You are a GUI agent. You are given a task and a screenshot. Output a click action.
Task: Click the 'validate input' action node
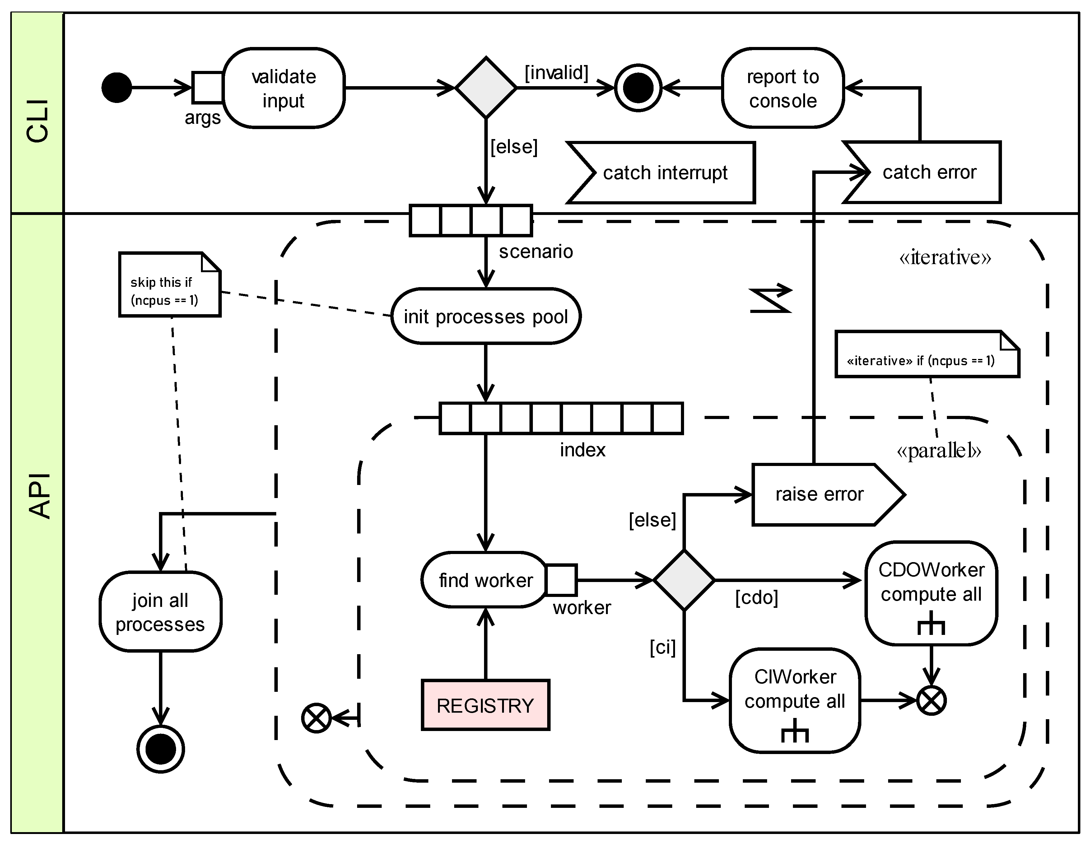[x=283, y=88]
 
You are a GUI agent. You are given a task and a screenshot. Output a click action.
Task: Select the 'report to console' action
[x=783, y=88]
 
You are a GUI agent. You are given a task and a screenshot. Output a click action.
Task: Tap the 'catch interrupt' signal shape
[x=664, y=173]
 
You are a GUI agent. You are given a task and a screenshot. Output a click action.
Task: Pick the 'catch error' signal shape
[x=928, y=172]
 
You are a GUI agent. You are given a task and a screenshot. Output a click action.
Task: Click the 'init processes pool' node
[x=486, y=316]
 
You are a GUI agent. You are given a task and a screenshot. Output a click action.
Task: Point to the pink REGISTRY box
[x=485, y=705]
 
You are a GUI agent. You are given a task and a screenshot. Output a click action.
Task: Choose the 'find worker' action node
[x=485, y=580]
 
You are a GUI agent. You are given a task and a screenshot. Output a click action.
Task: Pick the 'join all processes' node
[x=160, y=612]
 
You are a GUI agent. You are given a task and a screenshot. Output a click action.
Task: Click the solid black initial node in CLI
[x=116, y=88]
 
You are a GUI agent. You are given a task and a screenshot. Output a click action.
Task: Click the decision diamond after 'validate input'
[x=486, y=88]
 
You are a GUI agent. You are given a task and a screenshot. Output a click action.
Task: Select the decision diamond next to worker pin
[x=684, y=580]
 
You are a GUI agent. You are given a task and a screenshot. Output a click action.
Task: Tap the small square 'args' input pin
[x=207, y=87]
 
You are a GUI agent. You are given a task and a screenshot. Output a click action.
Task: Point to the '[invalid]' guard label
[x=556, y=73]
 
